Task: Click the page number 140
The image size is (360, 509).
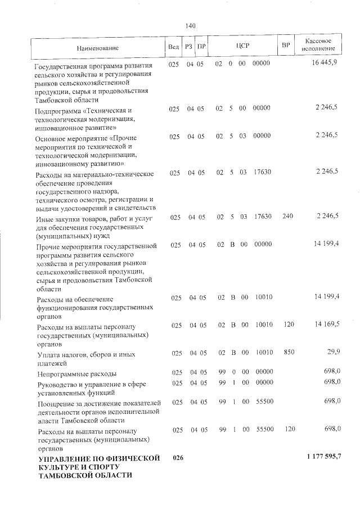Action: click(190, 25)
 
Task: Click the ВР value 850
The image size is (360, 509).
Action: click(289, 353)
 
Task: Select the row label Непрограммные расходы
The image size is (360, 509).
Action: click(76, 373)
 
